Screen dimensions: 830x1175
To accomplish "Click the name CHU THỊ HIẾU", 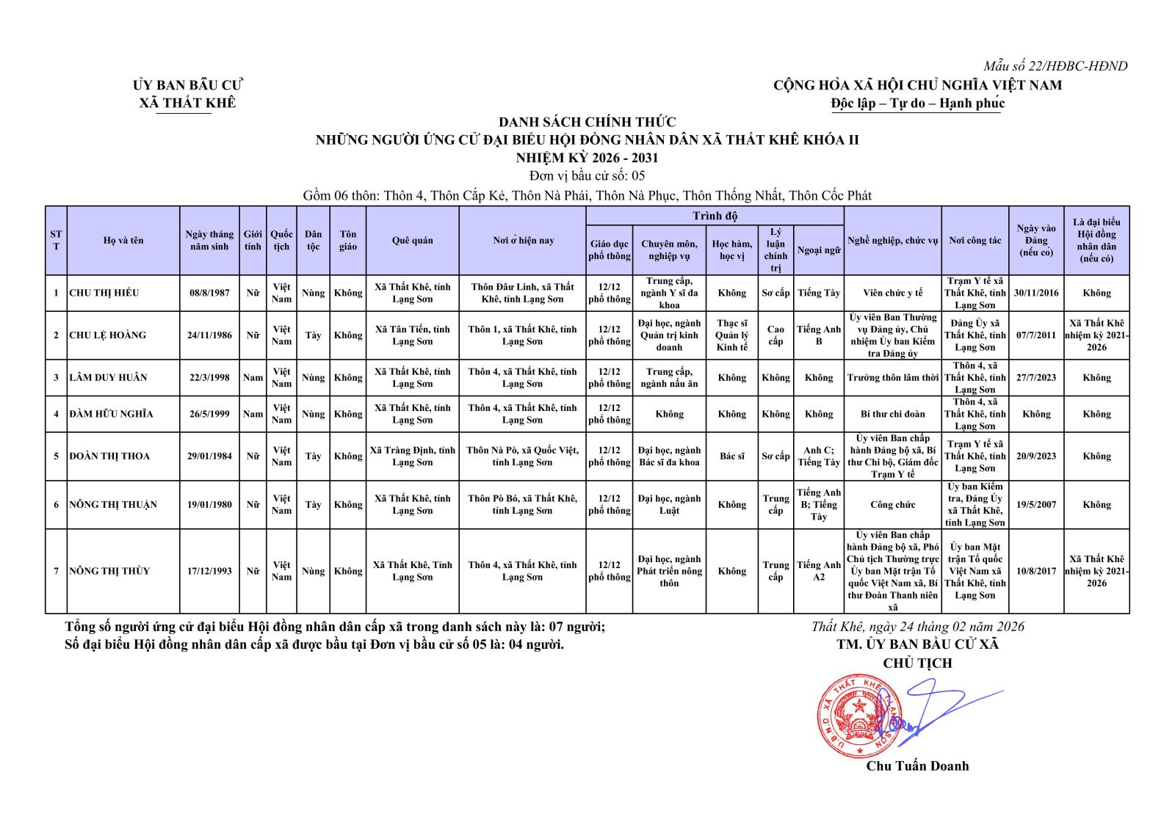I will point(104,293).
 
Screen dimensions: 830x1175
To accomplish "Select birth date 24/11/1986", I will point(209,335).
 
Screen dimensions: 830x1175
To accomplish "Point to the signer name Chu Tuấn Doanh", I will point(917,766).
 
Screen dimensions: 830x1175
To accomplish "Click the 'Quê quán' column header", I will point(412,241).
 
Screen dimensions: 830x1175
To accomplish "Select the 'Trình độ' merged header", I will point(715,216).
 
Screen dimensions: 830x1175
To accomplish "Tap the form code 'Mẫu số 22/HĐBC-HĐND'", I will point(1055,66).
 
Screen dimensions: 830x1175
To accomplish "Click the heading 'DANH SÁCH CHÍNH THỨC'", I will point(587,122).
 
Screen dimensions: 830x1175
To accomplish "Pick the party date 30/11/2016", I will point(1036,293).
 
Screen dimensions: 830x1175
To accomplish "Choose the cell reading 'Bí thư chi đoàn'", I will point(892,414).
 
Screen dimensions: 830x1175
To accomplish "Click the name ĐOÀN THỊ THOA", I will point(109,456).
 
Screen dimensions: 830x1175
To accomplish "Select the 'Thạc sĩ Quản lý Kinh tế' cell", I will point(731,335).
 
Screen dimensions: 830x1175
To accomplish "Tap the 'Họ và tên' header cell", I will point(123,241).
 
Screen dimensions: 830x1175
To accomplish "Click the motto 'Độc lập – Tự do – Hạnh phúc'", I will point(917,103).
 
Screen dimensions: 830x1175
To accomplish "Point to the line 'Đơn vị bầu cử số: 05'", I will point(587,176).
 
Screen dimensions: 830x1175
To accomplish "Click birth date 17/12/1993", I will point(209,571).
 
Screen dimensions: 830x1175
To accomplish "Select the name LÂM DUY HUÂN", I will point(108,378).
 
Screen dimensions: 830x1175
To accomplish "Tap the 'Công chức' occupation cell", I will point(892,505).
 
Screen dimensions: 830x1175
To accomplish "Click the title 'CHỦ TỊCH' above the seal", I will point(917,663).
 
